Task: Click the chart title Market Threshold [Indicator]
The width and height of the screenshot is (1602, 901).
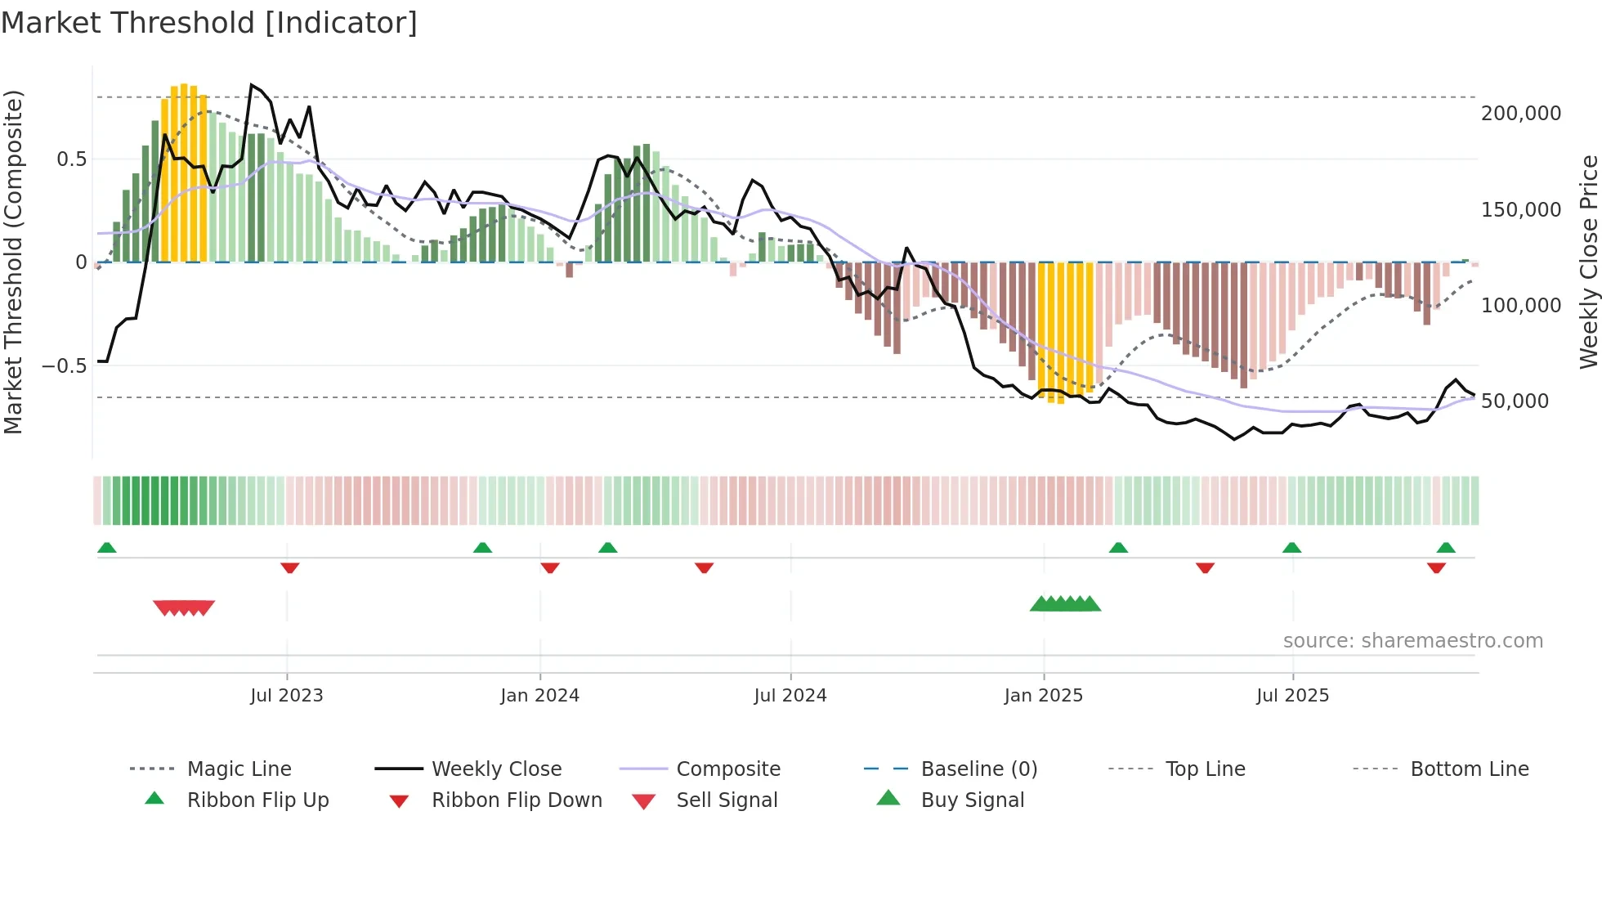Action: [209, 23]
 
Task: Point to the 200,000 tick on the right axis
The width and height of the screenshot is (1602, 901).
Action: [1520, 114]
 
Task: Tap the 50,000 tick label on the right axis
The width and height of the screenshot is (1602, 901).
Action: [1515, 401]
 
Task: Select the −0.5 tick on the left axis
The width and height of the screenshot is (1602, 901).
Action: [64, 365]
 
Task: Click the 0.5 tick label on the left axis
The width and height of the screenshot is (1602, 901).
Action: [71, 159]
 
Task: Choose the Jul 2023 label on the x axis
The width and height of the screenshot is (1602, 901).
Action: [287, 696]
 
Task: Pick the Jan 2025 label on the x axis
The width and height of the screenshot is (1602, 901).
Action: [1043, 696]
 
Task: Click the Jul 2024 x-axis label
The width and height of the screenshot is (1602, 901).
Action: [790, 696]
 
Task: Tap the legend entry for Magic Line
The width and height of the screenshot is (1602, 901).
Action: [239, 769]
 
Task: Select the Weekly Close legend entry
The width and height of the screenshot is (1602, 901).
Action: [496, 769]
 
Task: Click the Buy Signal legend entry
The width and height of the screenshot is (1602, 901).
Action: [972, 800]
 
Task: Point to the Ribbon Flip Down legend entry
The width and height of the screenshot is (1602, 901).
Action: [517, 800]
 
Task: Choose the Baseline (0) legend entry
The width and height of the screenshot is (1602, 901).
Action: [978, 769]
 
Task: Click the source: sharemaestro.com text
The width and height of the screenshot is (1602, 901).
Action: [1412, 641]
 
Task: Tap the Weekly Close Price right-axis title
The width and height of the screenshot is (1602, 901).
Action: [1588, 262]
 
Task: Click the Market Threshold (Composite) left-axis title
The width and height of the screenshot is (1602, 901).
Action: [13, 262]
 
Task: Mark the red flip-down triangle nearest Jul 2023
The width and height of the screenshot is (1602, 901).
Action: [289, 567]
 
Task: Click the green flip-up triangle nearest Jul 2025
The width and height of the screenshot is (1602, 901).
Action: [1291, 548]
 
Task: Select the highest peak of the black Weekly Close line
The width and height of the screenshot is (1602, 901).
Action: [252, 84]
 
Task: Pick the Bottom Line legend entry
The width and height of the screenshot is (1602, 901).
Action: [1469, 769]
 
